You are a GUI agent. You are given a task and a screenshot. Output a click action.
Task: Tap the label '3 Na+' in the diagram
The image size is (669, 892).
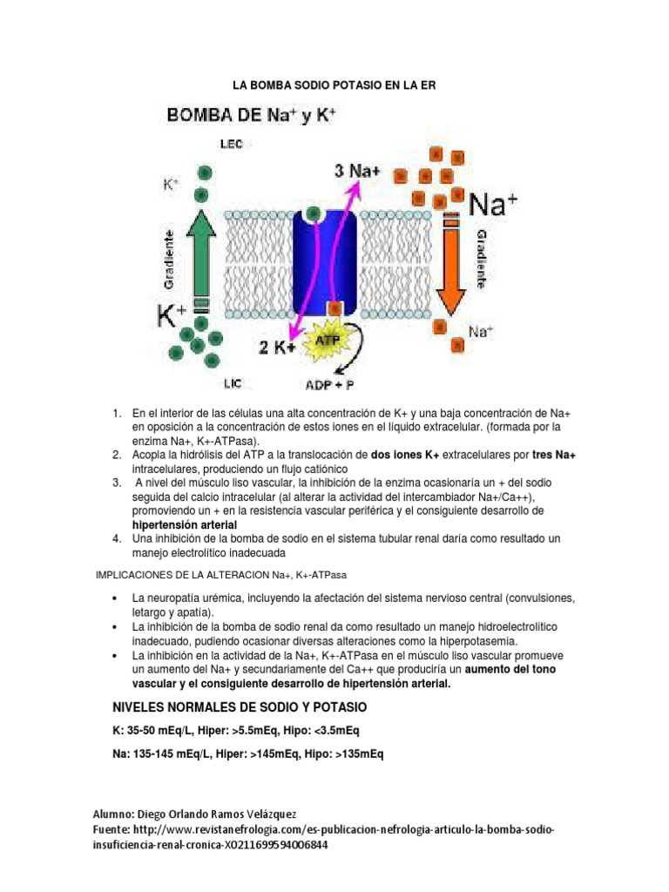coord(357,172)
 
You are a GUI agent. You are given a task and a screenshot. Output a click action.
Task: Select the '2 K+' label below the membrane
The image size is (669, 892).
coord(277,348)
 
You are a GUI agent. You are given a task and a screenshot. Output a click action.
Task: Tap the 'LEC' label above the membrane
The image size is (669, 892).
coord(232,145)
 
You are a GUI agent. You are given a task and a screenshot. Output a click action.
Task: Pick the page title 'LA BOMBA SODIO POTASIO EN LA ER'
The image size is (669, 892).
coord(331,85)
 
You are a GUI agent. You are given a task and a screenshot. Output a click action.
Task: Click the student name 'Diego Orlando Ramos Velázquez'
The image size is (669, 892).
coord(226,813)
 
